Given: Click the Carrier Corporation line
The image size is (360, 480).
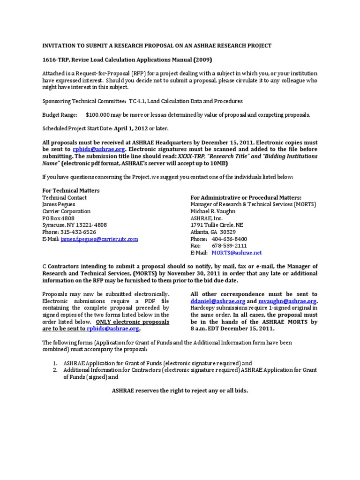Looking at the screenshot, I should (x=67, y=211).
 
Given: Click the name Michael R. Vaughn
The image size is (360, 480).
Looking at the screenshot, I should (x=213, y=211).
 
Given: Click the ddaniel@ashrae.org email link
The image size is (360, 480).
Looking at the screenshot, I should (x=216, y=301).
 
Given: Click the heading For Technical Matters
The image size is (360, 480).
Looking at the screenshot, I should (x=71, y=191).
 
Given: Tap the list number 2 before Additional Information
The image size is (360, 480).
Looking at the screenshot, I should (x=55, y=370).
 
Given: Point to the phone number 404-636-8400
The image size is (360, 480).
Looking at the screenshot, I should (x=229, y=239).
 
